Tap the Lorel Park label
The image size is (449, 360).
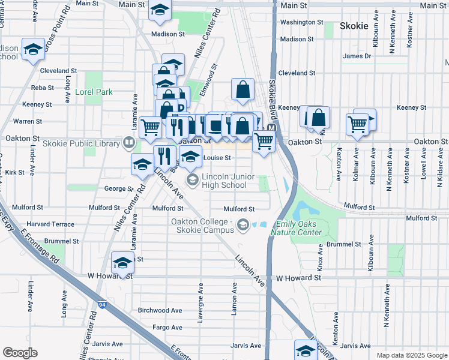click(x=94, y=92)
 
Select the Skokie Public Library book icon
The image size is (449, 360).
click(x=128, y=143)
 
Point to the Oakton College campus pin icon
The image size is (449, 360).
click(x=243, y=226)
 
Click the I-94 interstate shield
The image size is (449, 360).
click(x=103, y=304)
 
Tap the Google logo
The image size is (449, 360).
click(x=20, y=353)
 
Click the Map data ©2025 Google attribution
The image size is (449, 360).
click(x=412, y=355)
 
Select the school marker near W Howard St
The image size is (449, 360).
click(x=123, y=263)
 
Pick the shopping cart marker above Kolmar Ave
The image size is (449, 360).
click(x=357, y=124)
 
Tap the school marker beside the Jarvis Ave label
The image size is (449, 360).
click(x=306, y=350)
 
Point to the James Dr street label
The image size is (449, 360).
click(x=357, y=56)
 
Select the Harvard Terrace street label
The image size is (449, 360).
click(x=50, y=224)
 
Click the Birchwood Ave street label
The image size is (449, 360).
click(x=160, y=310)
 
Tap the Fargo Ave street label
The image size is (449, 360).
click(x=167, y=327)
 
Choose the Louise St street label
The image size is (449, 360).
click(x=217, y=158)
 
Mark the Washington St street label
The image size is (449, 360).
click(x=302, y=22)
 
